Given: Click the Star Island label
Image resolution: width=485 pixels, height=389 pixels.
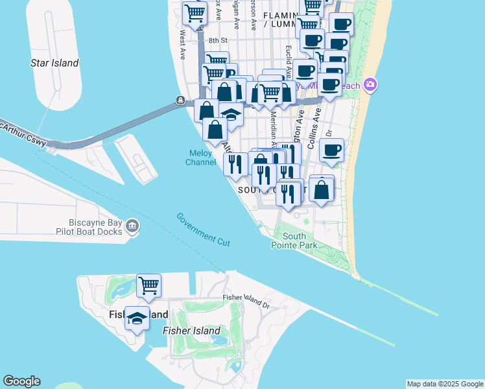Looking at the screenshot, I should pos(54,64).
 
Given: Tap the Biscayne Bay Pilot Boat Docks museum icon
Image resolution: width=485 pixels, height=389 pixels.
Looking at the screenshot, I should pos(132,225).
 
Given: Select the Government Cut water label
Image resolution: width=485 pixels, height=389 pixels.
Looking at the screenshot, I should pos(203,229).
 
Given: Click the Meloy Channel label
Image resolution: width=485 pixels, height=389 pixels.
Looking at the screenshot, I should pos(201,158).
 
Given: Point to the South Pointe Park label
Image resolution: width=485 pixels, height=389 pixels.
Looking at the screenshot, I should pos(299,241).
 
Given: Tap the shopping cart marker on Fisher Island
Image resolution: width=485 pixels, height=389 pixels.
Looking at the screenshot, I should pos(149,285).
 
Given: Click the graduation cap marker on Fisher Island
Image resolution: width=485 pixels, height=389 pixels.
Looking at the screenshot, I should pos(136,318).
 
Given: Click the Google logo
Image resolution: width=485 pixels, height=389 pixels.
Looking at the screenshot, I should pos(21,381).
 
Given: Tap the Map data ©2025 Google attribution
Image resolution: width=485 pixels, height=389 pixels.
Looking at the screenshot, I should pos(445,384).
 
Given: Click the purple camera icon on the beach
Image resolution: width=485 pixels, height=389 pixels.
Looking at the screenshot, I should pos(370,84).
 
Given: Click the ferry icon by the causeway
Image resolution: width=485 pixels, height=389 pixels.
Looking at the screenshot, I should pos(181,100).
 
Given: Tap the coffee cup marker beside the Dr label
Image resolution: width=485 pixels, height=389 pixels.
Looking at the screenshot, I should pos(331,150).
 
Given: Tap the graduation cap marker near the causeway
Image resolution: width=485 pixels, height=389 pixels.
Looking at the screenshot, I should pos(230,114).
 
